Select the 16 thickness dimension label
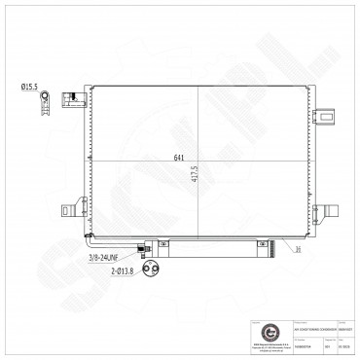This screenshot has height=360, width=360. pos(299,249)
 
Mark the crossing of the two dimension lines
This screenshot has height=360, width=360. pos(200,161)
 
